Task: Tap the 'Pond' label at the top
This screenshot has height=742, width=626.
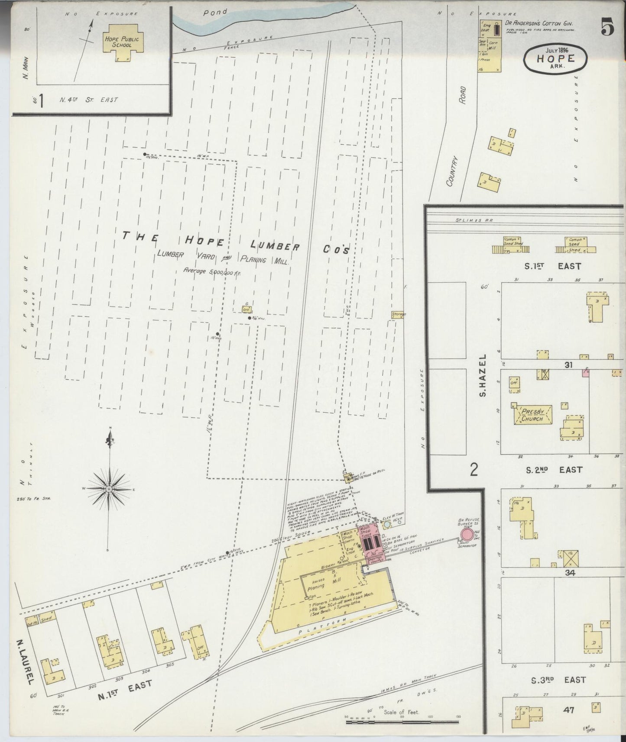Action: (215, 13)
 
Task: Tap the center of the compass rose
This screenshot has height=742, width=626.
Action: (109, 489)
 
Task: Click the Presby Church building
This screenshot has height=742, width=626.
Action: (532, 415)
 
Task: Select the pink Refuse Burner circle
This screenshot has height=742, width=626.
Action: (467, 534)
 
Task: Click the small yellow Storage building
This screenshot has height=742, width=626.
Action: (398, 314)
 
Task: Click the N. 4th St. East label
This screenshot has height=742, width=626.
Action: (89, 100)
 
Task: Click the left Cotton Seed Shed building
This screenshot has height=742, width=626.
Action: (512, 245)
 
